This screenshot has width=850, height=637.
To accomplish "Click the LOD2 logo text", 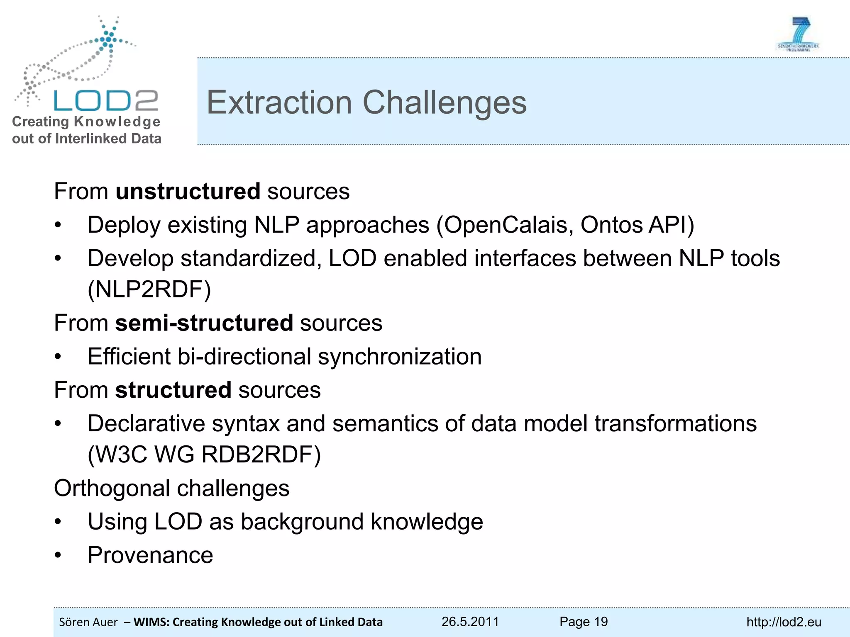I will (x=106, y=101).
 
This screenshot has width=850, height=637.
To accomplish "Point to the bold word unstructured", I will (x=188, y=192).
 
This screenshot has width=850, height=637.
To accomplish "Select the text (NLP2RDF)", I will (x=149, y=289).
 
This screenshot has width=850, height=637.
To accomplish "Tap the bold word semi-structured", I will (x=204, y=323).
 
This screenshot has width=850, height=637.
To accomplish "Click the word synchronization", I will (x=400, y=357).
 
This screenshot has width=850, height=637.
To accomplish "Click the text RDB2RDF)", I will (x=261, y=455).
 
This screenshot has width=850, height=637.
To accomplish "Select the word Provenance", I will (x=150, y=555).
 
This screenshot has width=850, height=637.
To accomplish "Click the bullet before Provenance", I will (x=58, y=555).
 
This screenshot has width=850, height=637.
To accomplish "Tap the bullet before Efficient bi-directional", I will (x=58, y=357).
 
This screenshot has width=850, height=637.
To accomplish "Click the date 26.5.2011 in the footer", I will (x=470, y=622).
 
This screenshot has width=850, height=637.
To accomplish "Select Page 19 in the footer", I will (x=583, y=622).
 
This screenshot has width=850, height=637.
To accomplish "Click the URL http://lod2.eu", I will (x=784, y=622).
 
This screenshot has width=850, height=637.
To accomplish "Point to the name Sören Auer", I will (x=88, y=622).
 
